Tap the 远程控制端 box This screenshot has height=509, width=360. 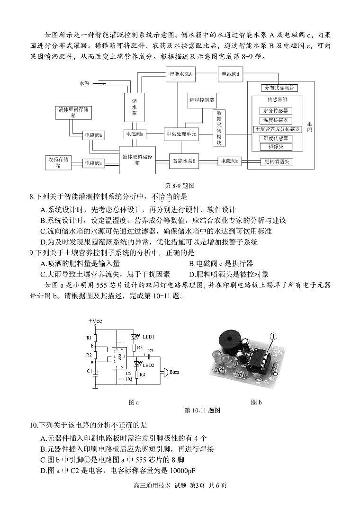(x=202, y=100)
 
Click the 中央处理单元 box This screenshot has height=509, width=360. (x=181, y=134)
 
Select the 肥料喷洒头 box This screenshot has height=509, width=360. (x=279, y=161)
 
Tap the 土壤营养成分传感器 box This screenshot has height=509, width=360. (x=278, y=129)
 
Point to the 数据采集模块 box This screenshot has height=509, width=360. (x=219, y=128)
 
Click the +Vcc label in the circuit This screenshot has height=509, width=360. (x=95, y=321)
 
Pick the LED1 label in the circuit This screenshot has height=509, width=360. (x=148, y=337)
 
